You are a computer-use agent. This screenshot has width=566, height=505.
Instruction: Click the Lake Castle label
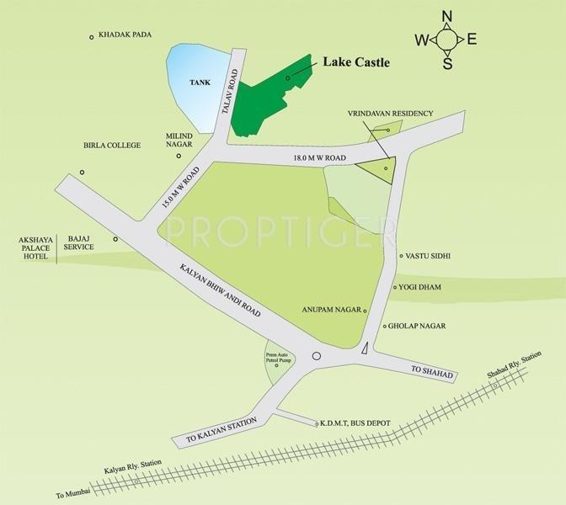click(356, 61)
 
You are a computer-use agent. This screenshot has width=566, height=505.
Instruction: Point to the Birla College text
click(111, 145)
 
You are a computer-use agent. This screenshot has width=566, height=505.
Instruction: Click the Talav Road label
click(227, 91)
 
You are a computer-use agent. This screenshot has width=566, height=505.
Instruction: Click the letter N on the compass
click(447, 16)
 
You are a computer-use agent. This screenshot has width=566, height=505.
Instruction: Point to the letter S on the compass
click(447, 63)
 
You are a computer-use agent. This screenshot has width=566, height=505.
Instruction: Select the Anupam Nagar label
click(330, 309)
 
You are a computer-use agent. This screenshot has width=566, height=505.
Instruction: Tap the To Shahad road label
click(432, 372)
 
